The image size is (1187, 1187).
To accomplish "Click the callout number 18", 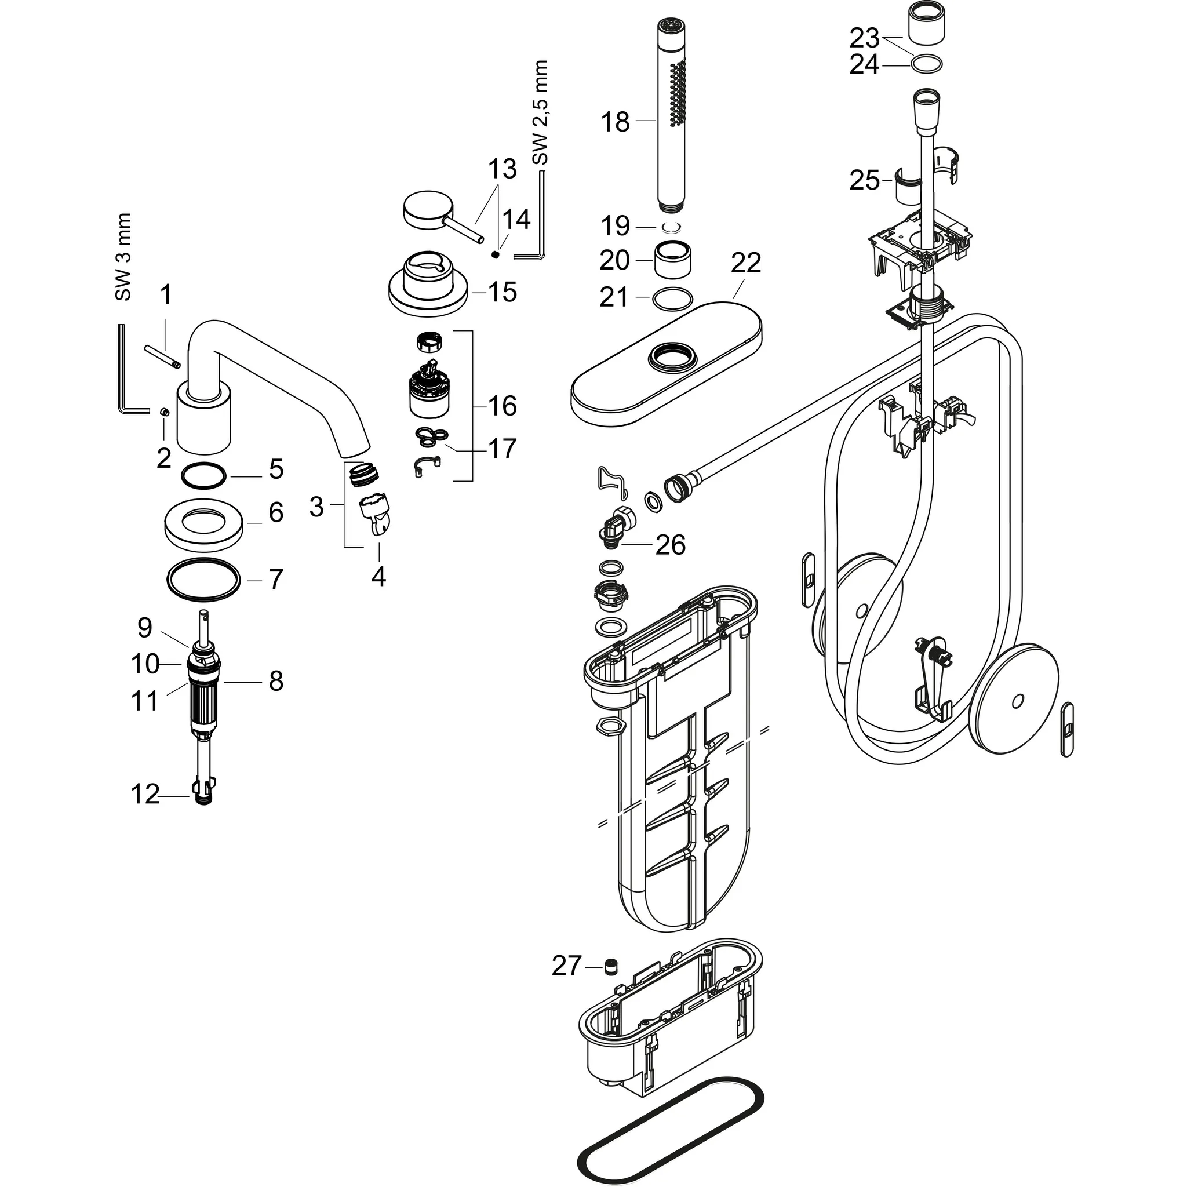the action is click(615, 122).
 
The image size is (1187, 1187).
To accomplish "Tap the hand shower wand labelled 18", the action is click(672, 106).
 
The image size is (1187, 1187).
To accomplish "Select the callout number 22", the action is click(746, 263).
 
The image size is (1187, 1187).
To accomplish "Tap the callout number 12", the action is click(145, 795).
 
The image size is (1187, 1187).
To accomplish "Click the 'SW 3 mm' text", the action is click(123, 257).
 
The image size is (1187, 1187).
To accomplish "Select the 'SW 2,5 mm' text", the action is click(540, 112).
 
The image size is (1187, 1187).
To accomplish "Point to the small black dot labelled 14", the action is click(494, 254).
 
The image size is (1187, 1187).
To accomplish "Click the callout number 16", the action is click(502, 406).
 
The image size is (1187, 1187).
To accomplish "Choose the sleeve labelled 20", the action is click(675, 260).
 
